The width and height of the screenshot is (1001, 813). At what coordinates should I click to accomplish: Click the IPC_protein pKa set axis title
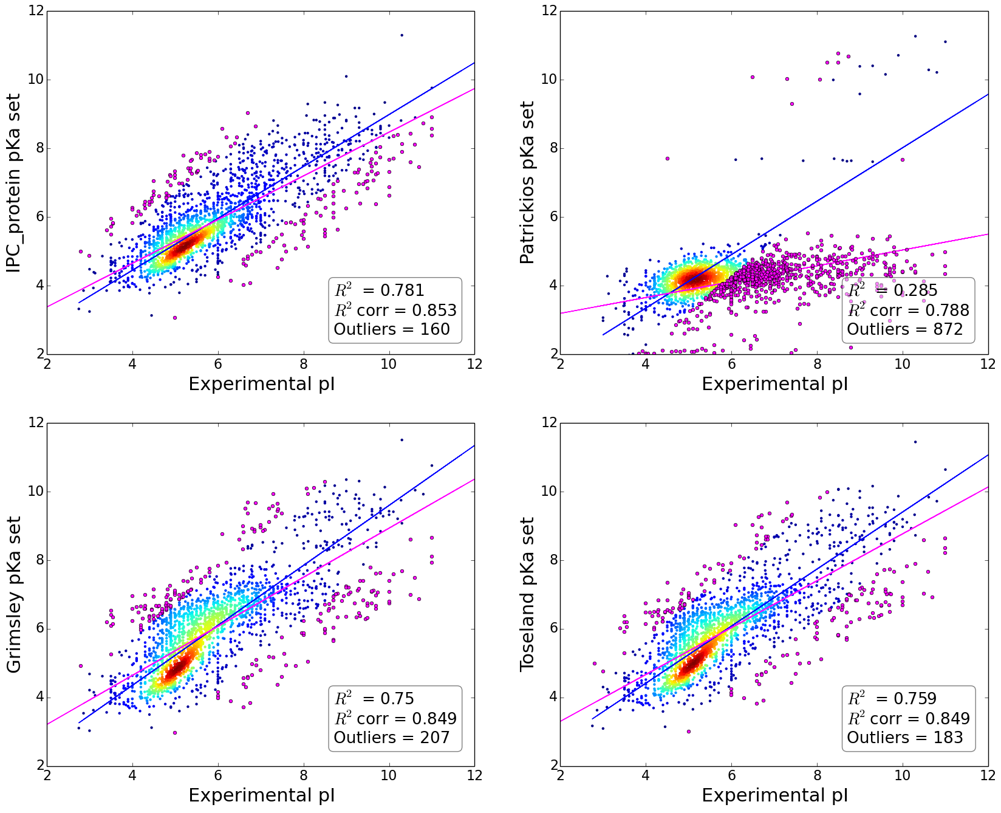coord(13,182)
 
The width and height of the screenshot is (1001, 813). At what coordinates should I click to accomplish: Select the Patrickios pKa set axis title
coord(527,182)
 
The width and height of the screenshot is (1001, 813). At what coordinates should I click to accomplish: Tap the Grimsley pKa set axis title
coord(13,594)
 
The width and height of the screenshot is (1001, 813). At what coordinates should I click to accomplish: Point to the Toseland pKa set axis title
coord(527,594)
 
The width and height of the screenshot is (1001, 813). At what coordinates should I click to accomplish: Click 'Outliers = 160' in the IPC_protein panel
coord(392,329)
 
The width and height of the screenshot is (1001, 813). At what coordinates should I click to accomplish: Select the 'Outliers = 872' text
coord(905,329)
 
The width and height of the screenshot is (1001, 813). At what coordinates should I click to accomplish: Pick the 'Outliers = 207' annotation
coord(392,738)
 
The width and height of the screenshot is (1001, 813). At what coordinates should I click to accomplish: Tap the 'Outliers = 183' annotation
coord(905,738)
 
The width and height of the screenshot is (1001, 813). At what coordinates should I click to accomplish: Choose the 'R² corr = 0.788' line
coord(908,310)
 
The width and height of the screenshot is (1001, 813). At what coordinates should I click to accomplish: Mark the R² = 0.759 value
coord(892,699)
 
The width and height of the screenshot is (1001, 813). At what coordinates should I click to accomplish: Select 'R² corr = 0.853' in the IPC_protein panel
coord(395,310)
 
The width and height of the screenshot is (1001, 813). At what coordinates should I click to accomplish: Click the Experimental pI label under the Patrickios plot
coord(774,384)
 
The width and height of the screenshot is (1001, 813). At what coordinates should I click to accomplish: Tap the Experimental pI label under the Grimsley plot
coord(261,795)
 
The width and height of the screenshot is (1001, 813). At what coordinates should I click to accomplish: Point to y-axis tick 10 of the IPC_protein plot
coord(35,80)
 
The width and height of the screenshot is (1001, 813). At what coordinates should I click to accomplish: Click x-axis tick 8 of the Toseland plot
coord(818,775)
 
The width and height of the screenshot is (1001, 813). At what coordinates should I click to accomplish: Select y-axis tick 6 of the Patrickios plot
coord(549,217)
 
